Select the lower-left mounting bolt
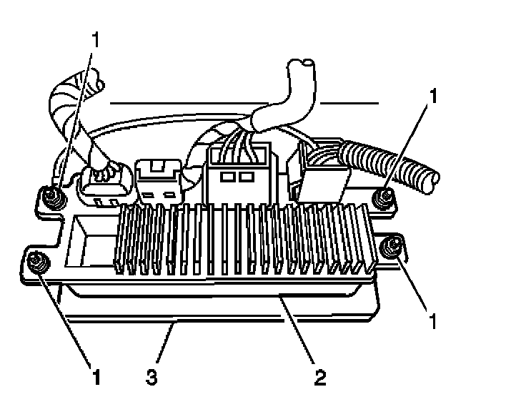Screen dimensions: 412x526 coord(36,263)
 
